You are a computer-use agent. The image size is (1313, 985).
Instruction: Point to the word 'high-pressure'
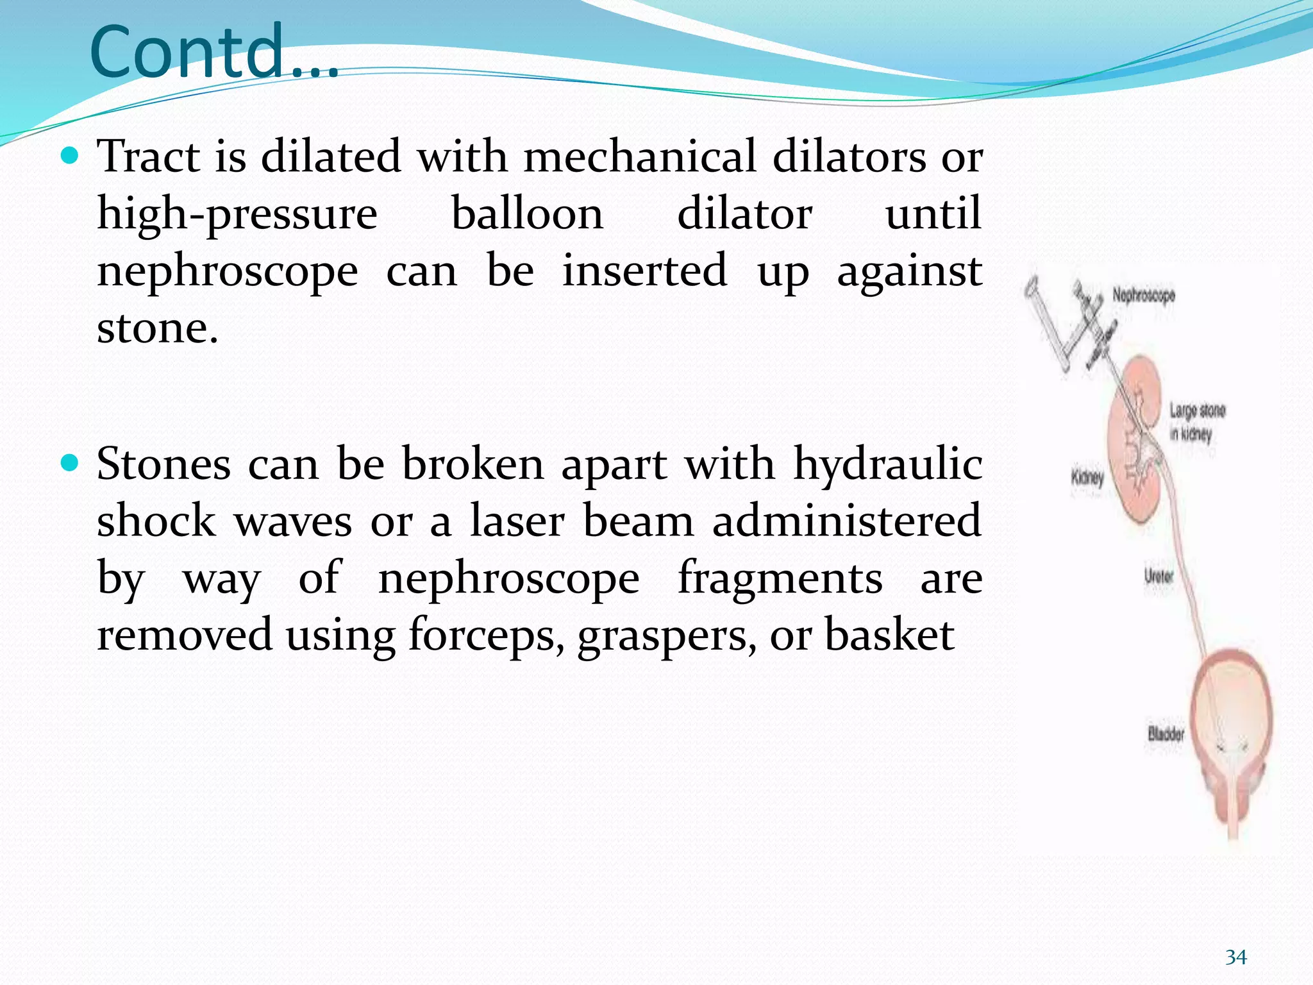pos(237,215)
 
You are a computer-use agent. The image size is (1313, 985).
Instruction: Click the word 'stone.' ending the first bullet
pos(158,328)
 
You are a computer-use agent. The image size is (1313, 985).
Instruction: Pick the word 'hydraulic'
pos(888,465)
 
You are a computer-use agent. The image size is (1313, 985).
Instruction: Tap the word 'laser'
pos(517,521)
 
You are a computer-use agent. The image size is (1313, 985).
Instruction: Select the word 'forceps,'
pos(487,636)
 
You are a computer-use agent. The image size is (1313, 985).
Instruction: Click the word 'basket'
pos(889,635)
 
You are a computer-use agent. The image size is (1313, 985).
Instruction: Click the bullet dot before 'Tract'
pos(69,155)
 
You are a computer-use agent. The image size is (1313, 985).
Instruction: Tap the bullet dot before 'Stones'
pos(69,462)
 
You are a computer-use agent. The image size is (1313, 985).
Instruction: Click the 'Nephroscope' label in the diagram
pos(1144,296)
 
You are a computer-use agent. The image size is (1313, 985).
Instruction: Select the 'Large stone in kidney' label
pos(1196,422)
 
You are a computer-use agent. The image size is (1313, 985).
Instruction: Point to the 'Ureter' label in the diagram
pos(1158,575)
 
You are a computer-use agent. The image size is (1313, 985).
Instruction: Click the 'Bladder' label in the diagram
pos(1166,734)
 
